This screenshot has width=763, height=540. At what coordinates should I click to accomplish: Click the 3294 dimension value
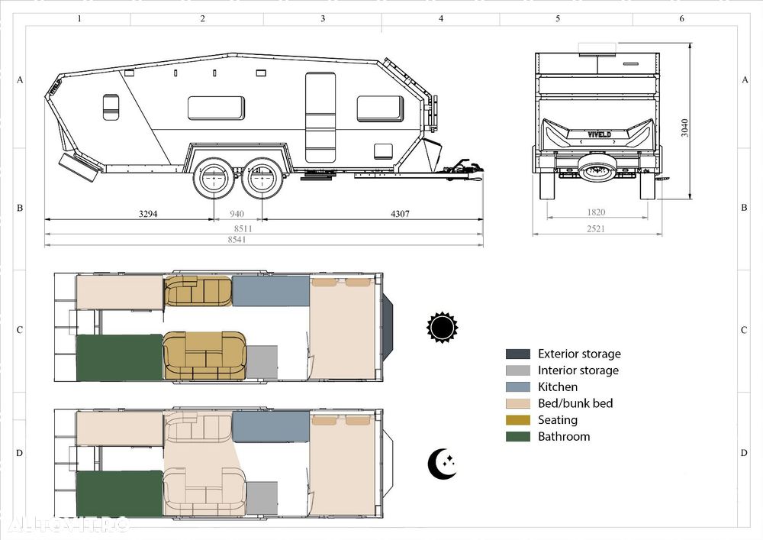click(x=148, y=214)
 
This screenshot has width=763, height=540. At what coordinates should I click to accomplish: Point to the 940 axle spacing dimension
click(x=237, y=214)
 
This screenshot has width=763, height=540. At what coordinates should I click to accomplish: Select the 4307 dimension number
click(x=400, y=214)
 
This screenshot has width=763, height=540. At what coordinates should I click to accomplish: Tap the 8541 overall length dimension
click(x=237, y=239)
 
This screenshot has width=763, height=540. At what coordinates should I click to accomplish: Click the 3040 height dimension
click(x=684, y=128)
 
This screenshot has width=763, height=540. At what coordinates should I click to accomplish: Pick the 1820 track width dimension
click(x=596, y=212)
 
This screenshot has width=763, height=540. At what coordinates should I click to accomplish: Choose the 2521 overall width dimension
click(x=596, y=228)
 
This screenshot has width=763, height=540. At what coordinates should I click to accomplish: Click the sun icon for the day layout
click(x=443, y=327)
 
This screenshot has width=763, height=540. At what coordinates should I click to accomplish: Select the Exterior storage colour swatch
click(x=518, y=354)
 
